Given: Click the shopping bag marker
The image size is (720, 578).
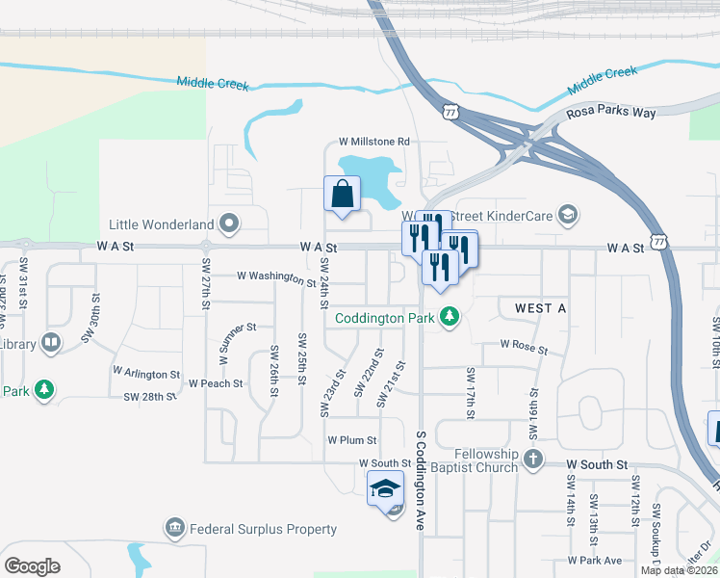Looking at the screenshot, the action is [343, 194].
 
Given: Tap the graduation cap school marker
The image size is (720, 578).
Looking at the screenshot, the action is [385, 487].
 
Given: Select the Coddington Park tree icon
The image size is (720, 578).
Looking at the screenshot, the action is [449, 316].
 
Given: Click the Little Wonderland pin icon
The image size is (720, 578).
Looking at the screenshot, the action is [229, 224].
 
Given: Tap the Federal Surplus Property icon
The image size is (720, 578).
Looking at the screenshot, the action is [174, 528].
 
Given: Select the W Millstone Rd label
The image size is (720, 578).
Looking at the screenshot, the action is [374, 142].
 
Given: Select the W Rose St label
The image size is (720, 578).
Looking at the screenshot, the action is [524, 347].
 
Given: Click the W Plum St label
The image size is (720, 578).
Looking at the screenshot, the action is [351, 440].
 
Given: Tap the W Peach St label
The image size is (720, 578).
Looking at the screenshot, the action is [216, 383].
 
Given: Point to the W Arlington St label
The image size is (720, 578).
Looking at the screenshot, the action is [146, 372].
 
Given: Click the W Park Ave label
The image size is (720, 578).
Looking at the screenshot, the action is [595, 561].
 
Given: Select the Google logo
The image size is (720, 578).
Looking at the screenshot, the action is [32, 566].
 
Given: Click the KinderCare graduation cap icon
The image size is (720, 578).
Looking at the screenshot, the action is [568, 214].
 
